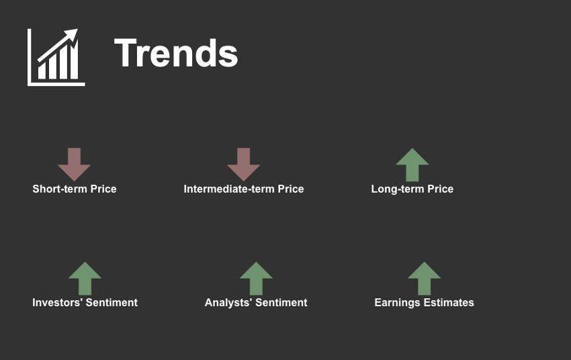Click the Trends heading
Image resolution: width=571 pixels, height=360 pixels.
pos(176,53)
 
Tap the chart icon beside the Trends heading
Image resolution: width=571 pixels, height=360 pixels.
pos(56,58)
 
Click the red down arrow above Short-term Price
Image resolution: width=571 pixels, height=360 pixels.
pos(75,165)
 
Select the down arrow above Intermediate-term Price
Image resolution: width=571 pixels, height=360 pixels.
pos(244,165)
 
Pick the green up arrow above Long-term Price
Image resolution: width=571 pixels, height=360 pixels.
pos(412,165)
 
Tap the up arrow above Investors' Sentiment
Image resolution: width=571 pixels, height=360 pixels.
pos(85,279)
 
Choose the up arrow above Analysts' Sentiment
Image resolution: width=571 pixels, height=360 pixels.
pos(256,279)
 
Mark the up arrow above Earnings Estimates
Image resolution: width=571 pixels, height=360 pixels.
pos(425,279)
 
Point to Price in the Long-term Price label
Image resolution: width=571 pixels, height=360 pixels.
pos(440,189)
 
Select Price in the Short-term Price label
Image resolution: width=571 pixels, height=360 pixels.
pos(103,189)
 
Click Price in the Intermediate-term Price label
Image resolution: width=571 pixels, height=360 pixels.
pos(291,189)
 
